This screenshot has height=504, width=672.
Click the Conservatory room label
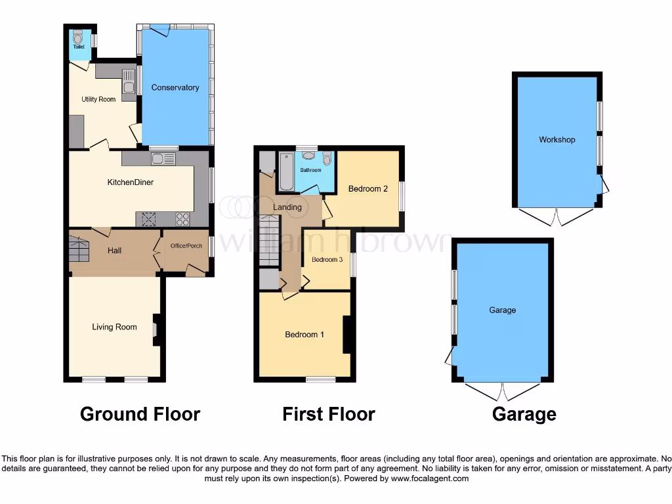pyautogui.click(x=175, y=87)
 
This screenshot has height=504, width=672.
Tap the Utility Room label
pyautogui.click(x=98, y=99)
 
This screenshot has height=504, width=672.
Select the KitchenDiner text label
pyautogui.click(x=131, y=182)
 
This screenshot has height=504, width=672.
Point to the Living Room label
pyautogui.click(x=114, y=327)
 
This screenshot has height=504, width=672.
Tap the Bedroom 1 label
pyautogui.click(x=304, y=335)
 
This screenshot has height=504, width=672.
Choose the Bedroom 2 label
pyautogui.click(x=367, y=189)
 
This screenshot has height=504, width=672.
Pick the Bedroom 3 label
pyautogui.click(x=327, y=260)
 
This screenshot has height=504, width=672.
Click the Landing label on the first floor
pyautogui.click(x=287, y=207)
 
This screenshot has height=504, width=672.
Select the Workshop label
pyautogui.click(x=556, y=140)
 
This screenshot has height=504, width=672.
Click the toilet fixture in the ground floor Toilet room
pyautogui.click(x=78, y=35)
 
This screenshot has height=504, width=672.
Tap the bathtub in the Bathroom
pyautogui.click(x=287, y=172)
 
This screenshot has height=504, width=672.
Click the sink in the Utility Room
pyautogui.click(x=129, y=86)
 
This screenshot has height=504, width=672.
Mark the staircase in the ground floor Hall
pyautogui.click(x=79, y=251)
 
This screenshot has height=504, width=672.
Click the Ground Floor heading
pyautogui.click(x=140, y=414)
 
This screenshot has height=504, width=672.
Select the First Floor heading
pyautogui.click(x=328, y=414)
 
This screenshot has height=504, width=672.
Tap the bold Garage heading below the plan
pyautogui.click(x=524, y=414)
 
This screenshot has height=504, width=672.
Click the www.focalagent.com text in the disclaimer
pyautogui.click(x=430, y=478)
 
